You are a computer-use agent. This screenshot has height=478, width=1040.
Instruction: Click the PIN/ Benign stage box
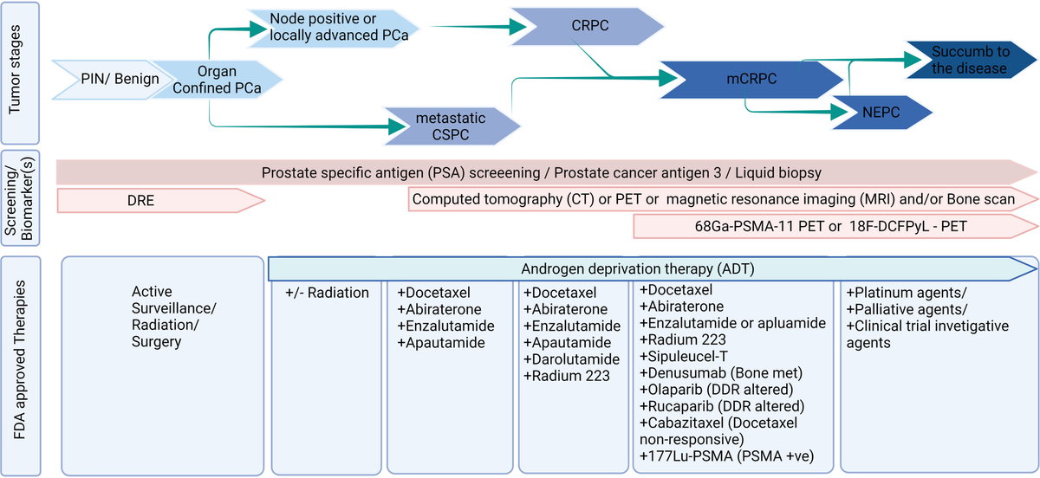coord(107,80)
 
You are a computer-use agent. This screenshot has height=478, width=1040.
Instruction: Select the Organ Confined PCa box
coord(217,80)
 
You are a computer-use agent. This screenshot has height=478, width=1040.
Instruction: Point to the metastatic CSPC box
coord(451,126)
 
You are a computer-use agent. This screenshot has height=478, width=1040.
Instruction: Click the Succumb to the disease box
coord(971,60)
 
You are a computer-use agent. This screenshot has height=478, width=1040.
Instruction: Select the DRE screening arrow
coord(160,201)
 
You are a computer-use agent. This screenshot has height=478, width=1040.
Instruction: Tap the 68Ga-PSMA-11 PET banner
coord(835,227)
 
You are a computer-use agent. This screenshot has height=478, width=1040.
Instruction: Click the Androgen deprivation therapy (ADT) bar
coord(652,268)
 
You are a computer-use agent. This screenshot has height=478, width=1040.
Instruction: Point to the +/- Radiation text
coord(327,293)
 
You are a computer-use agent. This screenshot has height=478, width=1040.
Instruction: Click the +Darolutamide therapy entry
coord(571,359)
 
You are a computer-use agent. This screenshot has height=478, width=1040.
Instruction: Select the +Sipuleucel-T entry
coord(684,357)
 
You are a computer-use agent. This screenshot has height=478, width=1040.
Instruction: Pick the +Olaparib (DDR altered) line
coord(717,390)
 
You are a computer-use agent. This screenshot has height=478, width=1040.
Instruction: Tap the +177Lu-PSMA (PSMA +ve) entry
coord(726,456)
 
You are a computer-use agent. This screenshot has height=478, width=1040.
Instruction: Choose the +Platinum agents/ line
coord(907,293)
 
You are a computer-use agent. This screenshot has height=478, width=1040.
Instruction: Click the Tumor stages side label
coord(15,69)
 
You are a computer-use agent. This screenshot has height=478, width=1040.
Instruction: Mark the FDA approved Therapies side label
coord(18,360)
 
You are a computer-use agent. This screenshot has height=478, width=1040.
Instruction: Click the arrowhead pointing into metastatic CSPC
coord(397,126)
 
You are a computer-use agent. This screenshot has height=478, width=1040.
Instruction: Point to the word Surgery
coord(156,342)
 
